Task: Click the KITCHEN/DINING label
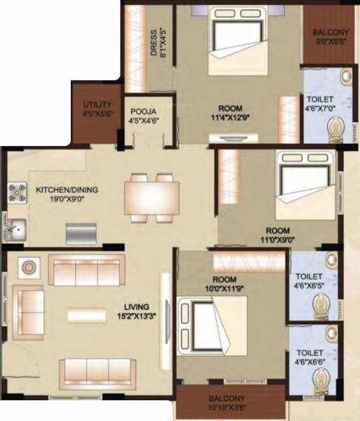tap(67, 189)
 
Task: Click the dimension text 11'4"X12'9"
tap(231, 119)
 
